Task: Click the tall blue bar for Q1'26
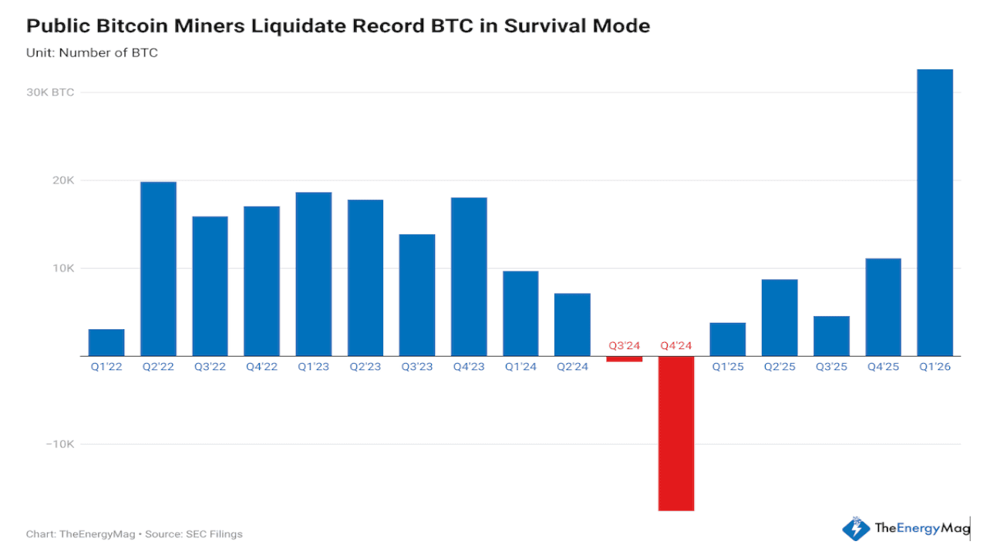[x=935, y=212]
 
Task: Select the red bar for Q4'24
[x=676, y=432]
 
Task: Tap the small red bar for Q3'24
[x=625, y=358]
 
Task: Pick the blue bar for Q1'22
[x=106, y=342]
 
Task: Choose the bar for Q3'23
[x=417, y=294]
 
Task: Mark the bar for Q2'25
[x=780, y=317]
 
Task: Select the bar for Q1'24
[x=520, y=313]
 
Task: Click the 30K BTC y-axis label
[x=50, y=92]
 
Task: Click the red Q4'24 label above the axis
[x=676, y=345]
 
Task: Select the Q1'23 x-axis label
[x=313, y=367]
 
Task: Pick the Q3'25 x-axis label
[x=831, y=367]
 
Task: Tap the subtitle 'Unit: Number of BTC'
[x=92, y=53]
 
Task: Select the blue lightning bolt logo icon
[x=855, y=529]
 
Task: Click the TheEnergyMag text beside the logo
[x=921, y=528]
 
